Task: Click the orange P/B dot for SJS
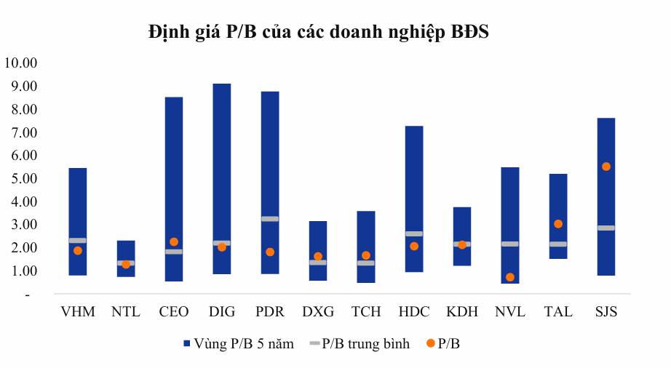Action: click(x=606, y=167)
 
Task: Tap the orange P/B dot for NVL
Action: click(x=509, y=277)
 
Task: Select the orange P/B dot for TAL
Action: click(x=557, y=224)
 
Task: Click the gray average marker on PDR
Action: click(x=269, y=219)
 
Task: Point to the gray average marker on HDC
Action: click(x=413, y=233)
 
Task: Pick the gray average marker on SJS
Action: click(x=606, y=228)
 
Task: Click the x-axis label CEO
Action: click(x=173, y=312)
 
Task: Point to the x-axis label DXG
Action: click(x=317, y=312)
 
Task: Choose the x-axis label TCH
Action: click(x=365, y=312)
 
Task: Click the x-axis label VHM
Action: click(x=77, y=312)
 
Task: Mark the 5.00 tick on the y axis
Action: click(x=22, y=178)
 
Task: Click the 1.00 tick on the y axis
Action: click(x=22, y=271)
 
